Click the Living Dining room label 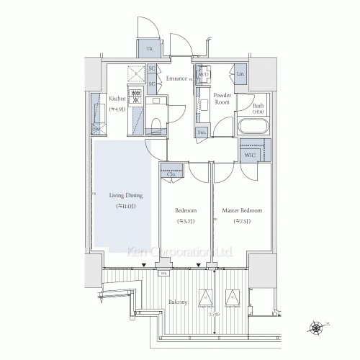125,195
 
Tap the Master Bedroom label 242,210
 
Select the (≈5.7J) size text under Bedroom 186,222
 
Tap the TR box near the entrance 150,48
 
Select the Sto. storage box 202,132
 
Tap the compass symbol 317,328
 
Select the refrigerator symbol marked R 135,73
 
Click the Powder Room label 222,98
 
